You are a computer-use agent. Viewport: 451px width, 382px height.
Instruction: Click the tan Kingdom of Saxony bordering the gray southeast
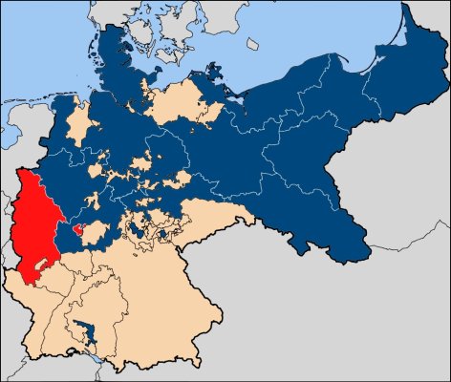205,215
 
